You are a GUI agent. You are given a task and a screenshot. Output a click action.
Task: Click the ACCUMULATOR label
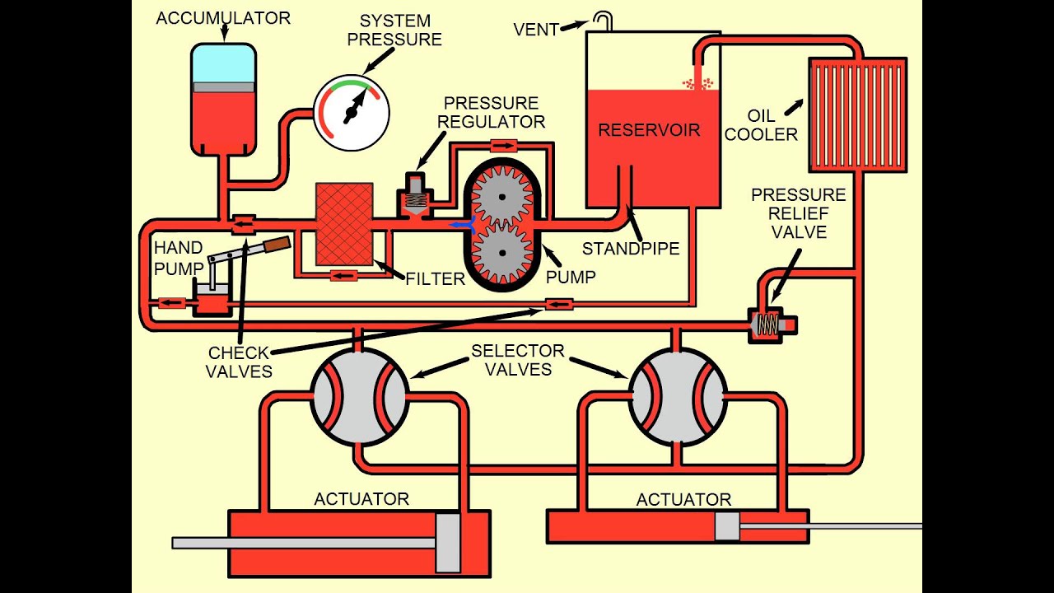tap(223, 18)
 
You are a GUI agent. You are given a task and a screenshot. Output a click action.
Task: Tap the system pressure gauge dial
tap(352, 112)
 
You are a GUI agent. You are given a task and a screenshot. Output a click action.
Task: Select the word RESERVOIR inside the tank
tap(649, 130)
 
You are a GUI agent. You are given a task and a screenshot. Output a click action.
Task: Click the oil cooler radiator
tap(857, 114)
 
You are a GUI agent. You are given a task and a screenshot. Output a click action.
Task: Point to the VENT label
tap(536, 30)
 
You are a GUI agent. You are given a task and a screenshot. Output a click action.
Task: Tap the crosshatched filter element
tap(344, 224)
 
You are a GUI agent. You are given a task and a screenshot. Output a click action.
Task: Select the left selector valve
tap(358, 397)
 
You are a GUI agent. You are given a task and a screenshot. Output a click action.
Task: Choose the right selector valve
tap(678, 397)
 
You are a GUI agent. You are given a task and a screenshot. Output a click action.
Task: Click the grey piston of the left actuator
tap(447, 542)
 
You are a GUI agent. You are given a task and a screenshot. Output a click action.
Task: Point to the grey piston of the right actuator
tap(727, 525)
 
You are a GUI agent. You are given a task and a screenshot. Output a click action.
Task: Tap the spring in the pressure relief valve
tap(766, 326)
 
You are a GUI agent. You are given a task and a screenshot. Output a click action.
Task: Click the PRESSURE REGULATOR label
tap(491, 112)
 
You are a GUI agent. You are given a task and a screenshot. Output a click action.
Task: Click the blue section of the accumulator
tap(223, 63)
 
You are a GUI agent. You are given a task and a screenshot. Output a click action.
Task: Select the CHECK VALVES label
tap(239, 362)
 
